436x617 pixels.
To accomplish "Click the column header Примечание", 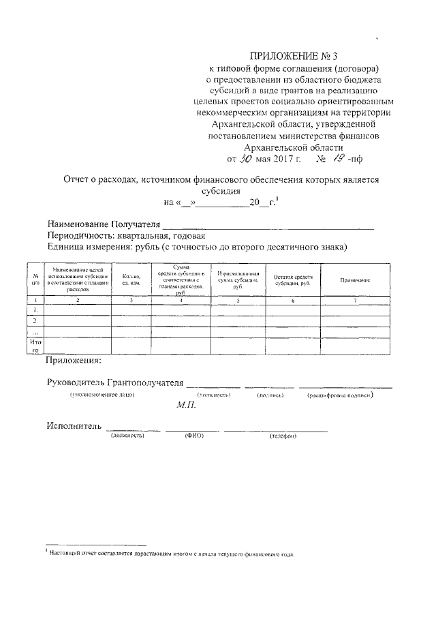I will (355, 281).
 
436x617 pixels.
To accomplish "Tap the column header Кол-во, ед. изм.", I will (131, 280).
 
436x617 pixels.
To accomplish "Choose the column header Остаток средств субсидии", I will (293, 281).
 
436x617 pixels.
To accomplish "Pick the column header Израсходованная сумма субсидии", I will (238, 280).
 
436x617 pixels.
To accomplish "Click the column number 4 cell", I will (181, 300).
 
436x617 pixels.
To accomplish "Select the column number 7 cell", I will (355, 300).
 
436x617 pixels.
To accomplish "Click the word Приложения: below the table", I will (73, 359).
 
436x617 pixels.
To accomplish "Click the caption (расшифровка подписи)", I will (341, 395).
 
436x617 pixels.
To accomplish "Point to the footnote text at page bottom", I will (170, 554).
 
